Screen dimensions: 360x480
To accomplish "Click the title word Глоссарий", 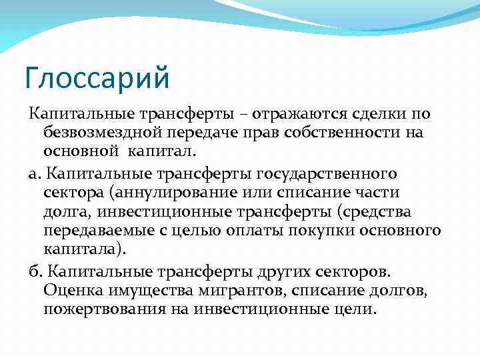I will [97, 77].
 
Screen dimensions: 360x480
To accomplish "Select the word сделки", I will [360, 115].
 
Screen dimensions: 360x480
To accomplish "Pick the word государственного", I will [327, 174].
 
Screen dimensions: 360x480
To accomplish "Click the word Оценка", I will [69, 291].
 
